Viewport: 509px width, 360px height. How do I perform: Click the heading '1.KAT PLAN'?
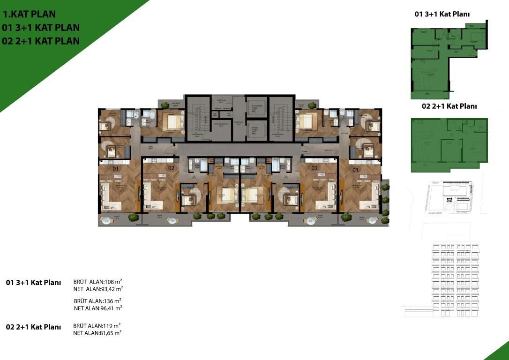click(x=29, y=14)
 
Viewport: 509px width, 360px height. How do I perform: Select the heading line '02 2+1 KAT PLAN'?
click(x=41, y=41)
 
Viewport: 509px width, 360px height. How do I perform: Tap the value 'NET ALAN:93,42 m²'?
click(x=98, y=289)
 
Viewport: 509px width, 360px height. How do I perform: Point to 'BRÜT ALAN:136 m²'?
click(x=98, y=300)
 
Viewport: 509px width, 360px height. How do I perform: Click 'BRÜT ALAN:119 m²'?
click(x=97, y=325)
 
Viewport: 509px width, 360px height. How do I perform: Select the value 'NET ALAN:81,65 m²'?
click(x=97, y=333)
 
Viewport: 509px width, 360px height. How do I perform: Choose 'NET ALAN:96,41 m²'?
click(x=98, y=308)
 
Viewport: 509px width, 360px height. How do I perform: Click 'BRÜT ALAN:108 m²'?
click(x=98, y=282)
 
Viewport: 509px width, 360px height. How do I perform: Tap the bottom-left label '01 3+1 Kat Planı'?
click(x=33, y=283)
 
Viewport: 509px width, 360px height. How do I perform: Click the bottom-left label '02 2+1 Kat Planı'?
click(x=33, y=327)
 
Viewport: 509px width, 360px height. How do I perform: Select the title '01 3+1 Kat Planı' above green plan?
click(x=442, y=14)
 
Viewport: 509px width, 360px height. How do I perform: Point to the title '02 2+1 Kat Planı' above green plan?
click(x=449, y=106)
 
